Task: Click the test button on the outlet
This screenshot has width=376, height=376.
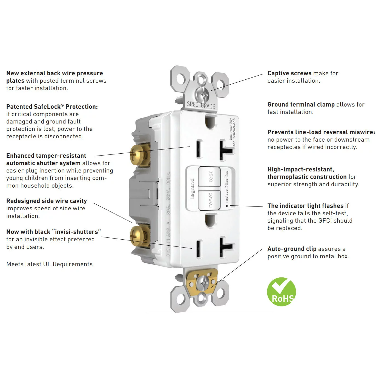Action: (x=209, y=177)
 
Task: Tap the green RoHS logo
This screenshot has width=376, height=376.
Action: (x=281, y=292)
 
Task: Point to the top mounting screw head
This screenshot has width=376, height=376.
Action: (x=203, y=95)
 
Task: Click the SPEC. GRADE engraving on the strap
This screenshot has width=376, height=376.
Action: (x=201, y=105)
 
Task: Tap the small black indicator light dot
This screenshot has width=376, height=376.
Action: (x=227, y=206)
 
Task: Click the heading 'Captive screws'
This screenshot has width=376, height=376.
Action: (x=289, y=73)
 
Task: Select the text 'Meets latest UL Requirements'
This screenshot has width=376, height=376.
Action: (x=49, y=264)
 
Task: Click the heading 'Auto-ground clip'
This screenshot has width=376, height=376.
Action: (x=292, y=249)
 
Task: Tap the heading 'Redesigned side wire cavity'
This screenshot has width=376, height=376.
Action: (x=47, y=201)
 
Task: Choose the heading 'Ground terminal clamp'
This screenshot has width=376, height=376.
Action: (x=301, y=105)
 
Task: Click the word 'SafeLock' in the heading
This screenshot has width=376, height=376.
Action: (x=45, y=107)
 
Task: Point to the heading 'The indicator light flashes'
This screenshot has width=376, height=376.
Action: (x=305, y=206)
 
